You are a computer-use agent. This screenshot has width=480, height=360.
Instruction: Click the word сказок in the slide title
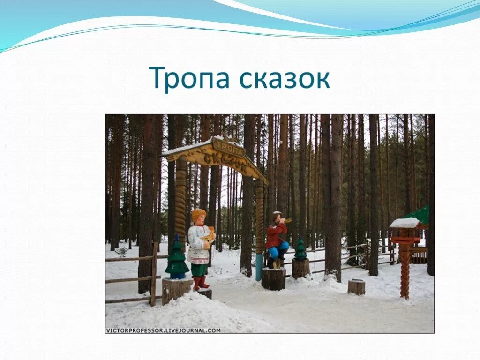pos(284,78)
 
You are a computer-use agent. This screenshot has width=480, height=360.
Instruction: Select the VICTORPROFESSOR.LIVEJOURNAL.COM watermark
pos(163,330)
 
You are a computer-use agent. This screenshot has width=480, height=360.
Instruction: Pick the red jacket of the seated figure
pos(275,235)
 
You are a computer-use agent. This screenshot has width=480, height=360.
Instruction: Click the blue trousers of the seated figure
pos(279,250)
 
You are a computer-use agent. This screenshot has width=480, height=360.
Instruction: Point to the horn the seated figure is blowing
pos(287,220)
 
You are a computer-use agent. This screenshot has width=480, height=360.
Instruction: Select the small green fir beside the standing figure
pos(177,259)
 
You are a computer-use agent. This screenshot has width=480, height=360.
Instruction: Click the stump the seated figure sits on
pos(274,279)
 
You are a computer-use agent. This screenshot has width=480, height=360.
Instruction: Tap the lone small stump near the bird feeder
pos(356,286)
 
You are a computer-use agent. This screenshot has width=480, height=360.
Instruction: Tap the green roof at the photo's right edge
pos(419,215)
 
